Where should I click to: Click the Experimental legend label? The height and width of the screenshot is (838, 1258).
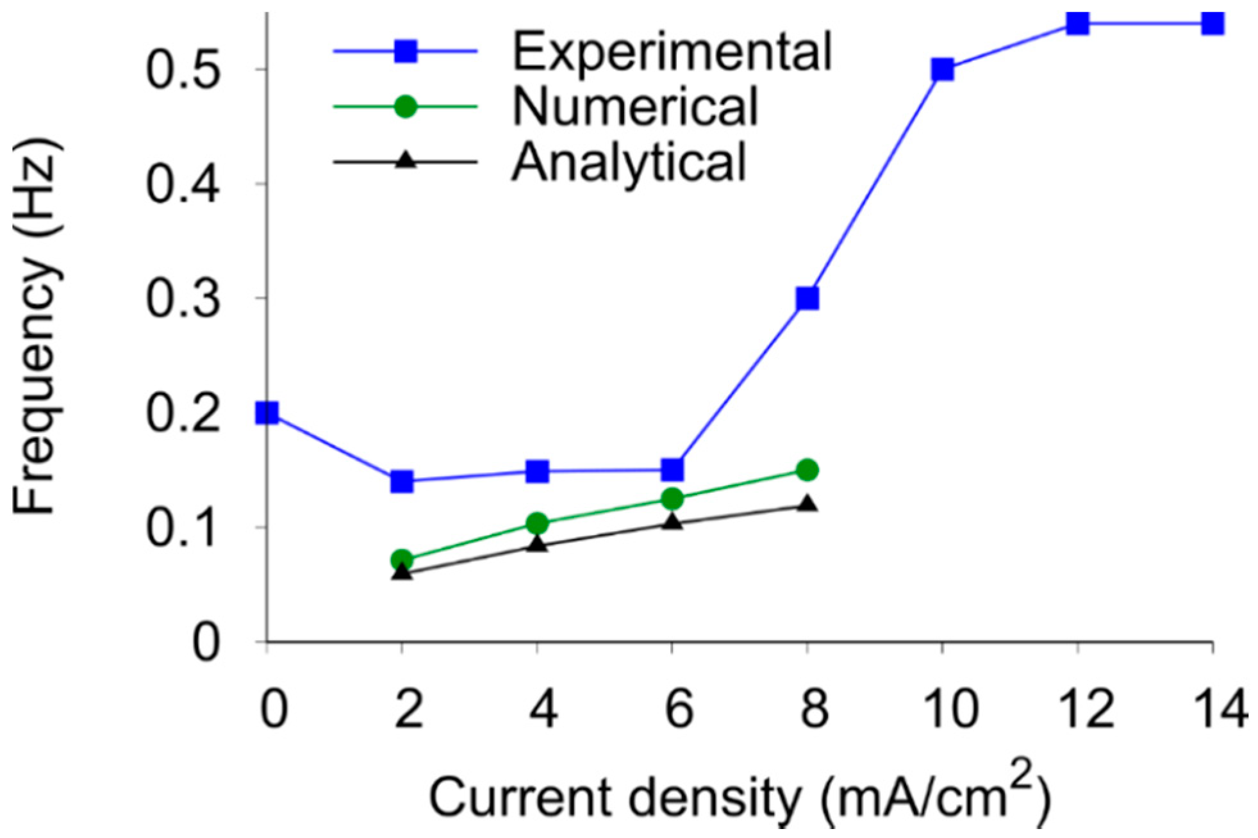tap(672, 51)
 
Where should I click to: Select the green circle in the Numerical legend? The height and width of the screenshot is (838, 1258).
tap(405, 106)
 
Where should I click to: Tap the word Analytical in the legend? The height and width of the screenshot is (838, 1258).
tap(629, 161)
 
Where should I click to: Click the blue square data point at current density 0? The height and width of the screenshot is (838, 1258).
tap(267, 413)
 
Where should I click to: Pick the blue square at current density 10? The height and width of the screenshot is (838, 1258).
tap(942, 69)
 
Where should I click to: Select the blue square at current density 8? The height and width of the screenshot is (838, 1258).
tap(807, 299)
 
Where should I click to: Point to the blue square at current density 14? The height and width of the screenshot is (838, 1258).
tap(1212, 24)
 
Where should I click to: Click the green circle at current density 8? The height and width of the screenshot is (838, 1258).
tap(807, 470)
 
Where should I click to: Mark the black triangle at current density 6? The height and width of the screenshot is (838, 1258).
tap(672, 522)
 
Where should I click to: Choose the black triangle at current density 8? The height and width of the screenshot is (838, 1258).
tap(807, 504)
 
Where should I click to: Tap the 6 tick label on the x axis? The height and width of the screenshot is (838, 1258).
tap(678, 710)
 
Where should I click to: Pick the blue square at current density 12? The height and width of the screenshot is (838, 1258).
tap(1078, 24)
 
